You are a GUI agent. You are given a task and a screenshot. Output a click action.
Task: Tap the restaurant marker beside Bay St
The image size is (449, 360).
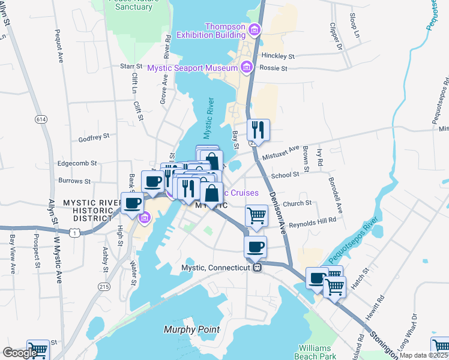coord(258,130)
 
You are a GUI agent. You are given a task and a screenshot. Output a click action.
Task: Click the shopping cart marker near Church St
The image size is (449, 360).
coord(256,215)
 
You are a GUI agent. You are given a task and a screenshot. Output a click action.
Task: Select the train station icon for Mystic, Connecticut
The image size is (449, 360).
coord(256,268)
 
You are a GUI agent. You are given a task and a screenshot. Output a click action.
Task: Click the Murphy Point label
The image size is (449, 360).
coord(191,329)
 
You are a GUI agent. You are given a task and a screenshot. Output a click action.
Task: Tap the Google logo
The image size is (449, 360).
coord(20,353)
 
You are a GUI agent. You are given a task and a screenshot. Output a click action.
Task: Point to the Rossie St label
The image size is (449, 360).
coord(273,68)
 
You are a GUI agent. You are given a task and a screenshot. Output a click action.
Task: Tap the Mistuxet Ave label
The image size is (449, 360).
coord(281,152)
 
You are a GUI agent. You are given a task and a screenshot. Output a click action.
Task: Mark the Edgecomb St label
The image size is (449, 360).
coord(77,163)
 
